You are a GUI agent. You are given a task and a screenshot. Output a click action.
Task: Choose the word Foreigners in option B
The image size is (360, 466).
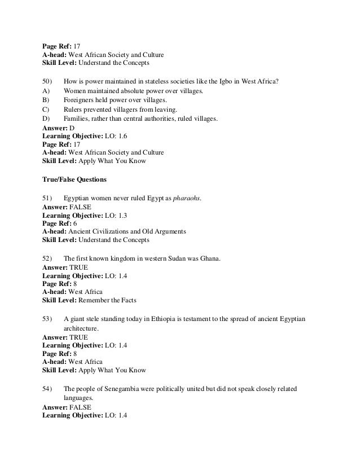(x=80, y=100)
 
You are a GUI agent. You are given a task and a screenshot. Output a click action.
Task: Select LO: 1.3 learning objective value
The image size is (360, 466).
(x=117, y=215)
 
